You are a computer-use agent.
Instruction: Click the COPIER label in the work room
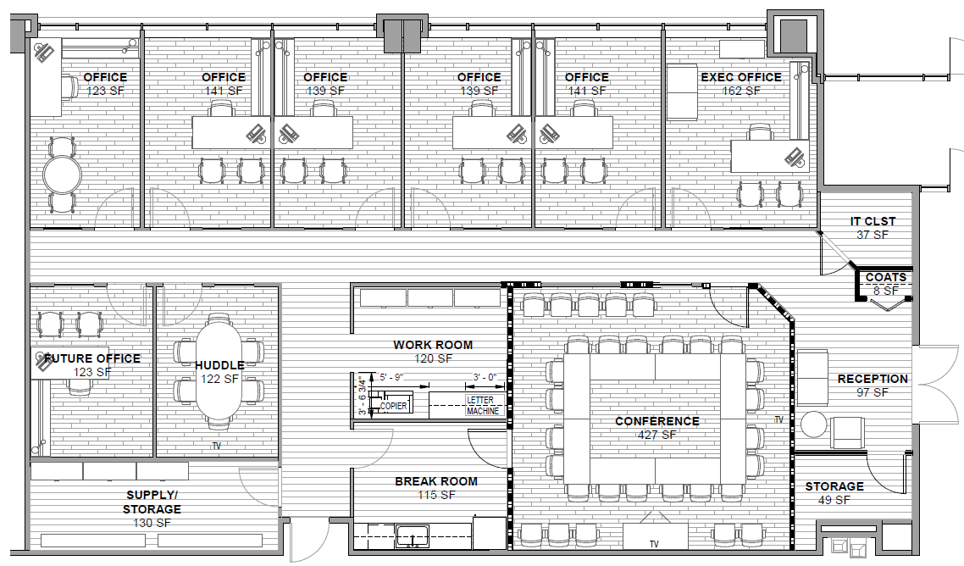[x=393, y=406]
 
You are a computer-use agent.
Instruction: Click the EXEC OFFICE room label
[x=740, y=77]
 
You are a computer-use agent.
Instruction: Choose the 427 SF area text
[x=657, y=436]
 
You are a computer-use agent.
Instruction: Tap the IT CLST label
[x=873, y=222]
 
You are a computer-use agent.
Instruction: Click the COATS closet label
[x=886, y=277]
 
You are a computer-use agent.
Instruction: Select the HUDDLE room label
[x=219, y=365]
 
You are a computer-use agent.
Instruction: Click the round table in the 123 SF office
[x=63, y=176]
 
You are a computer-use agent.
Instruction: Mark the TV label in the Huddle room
[x=217, y=446]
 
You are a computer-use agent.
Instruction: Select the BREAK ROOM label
[x=435, y=481]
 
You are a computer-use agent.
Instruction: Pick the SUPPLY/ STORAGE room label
[x=153, y=502]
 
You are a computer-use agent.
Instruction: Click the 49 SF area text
[x=834, y=500]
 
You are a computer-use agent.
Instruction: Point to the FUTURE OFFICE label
[x=92, y=358]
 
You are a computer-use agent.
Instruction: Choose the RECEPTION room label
[x=872, y=379]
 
